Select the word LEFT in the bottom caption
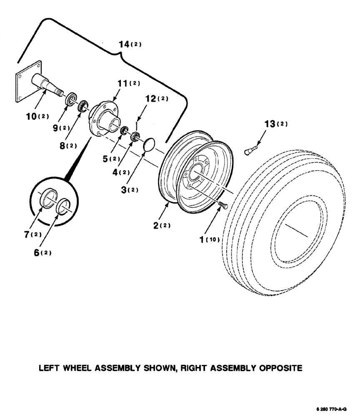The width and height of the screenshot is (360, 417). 50,369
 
